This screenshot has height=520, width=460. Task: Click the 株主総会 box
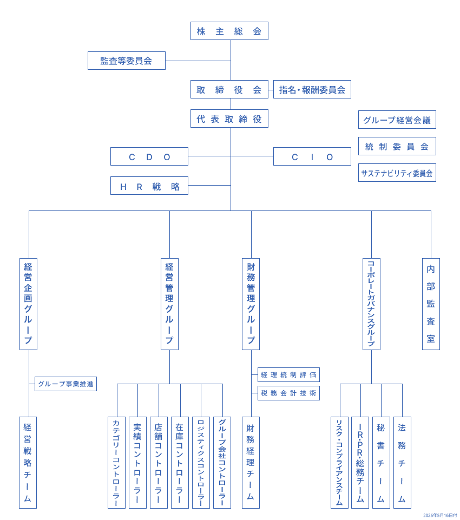229,31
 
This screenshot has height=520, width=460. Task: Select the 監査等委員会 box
126,61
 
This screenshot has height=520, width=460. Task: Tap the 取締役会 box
229,89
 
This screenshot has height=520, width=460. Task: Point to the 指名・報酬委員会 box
312,89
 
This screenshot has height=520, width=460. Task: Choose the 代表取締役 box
229,119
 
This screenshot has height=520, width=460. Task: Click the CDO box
149,156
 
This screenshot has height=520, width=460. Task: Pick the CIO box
312,156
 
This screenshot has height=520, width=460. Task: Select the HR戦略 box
149,186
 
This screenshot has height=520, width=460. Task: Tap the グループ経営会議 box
397,120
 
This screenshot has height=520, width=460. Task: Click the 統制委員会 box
397,146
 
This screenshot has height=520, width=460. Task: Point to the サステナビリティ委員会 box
397,173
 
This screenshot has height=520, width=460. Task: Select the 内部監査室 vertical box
431,304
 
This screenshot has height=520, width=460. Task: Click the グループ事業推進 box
65,384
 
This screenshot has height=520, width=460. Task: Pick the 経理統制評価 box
288,375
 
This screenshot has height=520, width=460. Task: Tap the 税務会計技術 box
288,393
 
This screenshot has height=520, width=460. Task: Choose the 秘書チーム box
381,463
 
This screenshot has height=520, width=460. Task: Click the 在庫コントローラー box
180,463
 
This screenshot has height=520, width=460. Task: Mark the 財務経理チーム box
251,463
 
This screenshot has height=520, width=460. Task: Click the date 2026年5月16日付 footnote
440,515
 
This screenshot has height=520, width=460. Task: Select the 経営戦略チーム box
28,463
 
